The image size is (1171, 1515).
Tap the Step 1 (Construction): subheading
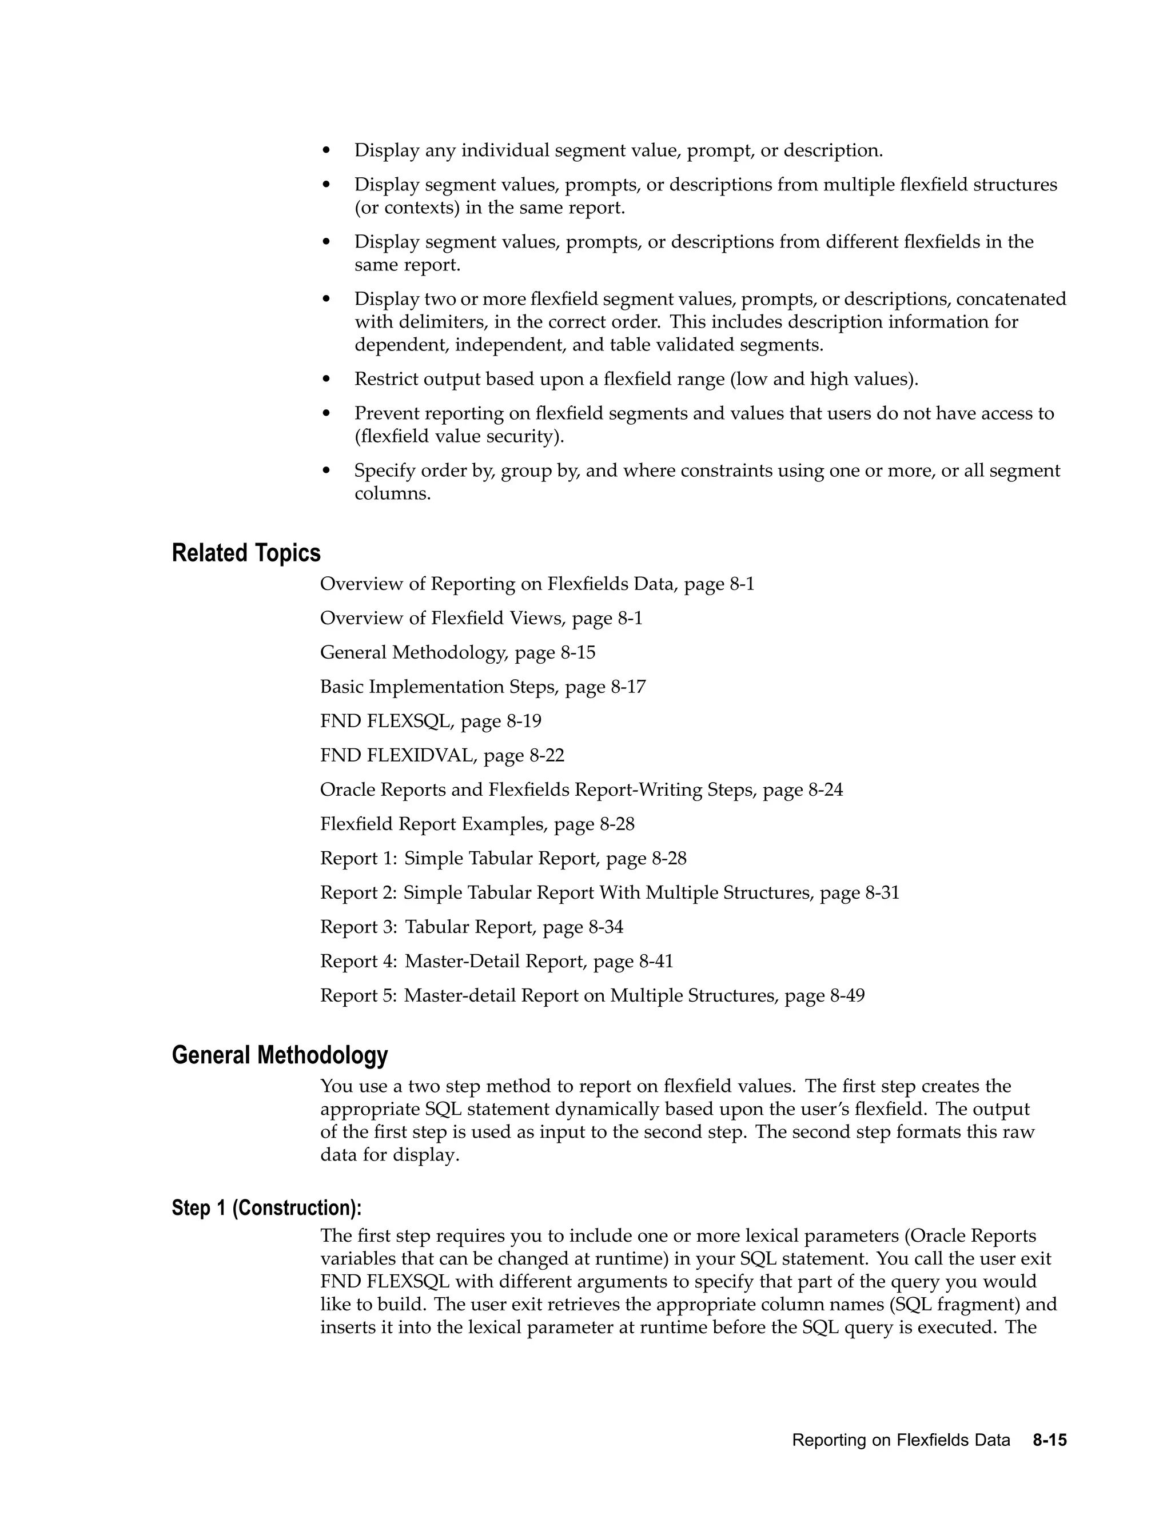click(x=266, y=1207)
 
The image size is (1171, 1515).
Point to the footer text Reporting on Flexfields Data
click(x=901, y=1440)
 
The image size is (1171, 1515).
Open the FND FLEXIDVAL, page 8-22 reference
click(x=442, y=755)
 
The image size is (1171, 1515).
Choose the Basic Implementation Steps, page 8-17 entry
click(x=482, y=687)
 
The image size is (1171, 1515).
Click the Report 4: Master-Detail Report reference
click(x=496, y=961)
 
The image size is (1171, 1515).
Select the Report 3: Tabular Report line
click(x=471, y=927)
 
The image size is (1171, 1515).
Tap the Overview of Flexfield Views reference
click(x=481, y=618)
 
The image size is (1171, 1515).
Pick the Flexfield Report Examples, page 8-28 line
click(x=477, y=824)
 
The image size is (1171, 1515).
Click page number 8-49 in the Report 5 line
click(x=847, y=995)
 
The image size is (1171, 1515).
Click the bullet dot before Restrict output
click(x=326, y=380)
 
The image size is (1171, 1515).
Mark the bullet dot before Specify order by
click(x=326, y=471)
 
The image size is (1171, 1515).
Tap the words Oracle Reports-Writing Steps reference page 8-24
click(x=581, y=790)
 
